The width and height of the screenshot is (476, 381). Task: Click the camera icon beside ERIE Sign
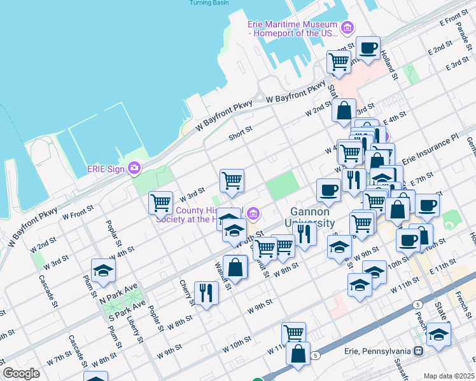coord(134,168)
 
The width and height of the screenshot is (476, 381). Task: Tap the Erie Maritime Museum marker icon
coord(347,28)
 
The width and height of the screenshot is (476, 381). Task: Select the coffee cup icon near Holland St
coord(368,48)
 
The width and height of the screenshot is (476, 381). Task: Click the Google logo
coord(22,373)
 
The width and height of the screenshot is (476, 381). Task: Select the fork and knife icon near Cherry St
coord(206,293)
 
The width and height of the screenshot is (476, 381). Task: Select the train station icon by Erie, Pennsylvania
coord(419,351)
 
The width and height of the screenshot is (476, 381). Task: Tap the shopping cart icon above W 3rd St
coord(232,180)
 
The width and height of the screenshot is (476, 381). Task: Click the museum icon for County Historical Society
coord(254,213)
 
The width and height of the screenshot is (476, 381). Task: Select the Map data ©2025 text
coord(448,376)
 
